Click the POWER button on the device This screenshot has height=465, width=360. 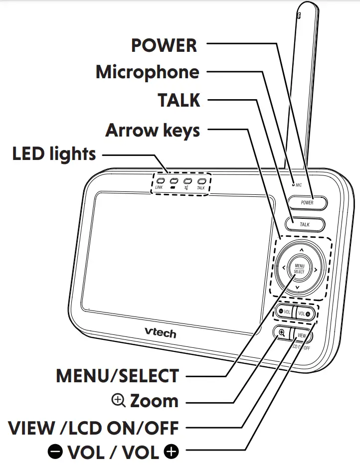(x=307, y=203)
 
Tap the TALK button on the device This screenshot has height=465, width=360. (x=305, y=224)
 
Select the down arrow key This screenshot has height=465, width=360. (x=298, y=288)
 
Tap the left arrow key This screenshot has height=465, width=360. (x=283, y=268)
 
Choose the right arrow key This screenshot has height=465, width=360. (x=316, y=270)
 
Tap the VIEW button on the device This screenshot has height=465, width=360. (x=303, y=335)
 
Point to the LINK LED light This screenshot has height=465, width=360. (x=160, y=182)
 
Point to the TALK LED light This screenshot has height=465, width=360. (x=201, y=182)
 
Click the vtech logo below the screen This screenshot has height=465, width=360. (x=160, y=331)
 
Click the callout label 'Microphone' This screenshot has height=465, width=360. (x=148, y=72)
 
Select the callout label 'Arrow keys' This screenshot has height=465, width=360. (x=153, y=131)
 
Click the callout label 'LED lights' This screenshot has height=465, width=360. (x=54, y=154)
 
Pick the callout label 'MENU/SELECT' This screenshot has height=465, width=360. (x=117, y=376)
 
